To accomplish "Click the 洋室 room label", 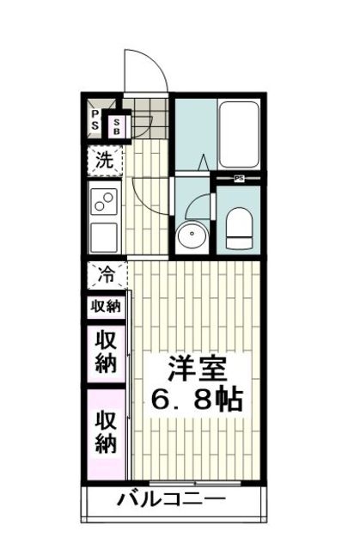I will tap(197, 370).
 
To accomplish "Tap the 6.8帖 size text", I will tap(197, 399).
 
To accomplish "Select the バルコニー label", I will tap(171, 501).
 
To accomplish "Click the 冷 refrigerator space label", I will tap(106, 276).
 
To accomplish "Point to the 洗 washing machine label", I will tap(104, 159).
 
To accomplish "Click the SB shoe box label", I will tap(118, 125).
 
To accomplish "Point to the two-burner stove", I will tap(105, 202).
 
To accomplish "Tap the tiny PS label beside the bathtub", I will tap(240, 178).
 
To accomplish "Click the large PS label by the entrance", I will tap(94, 122).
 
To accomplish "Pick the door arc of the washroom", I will tap(199, 206).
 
